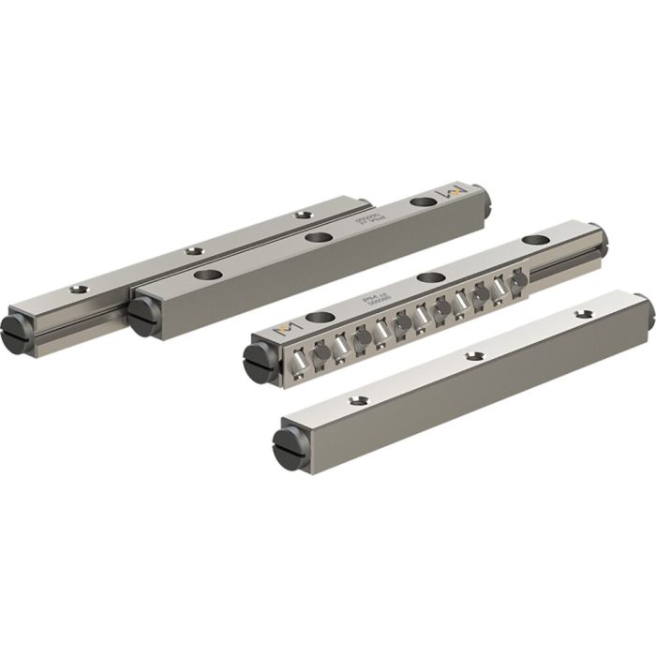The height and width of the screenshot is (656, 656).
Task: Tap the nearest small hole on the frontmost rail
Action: click(x=356, y=400)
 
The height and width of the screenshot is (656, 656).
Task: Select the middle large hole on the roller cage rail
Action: click(x=431, y=276)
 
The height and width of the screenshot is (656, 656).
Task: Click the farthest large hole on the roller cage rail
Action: click(x=534, y=240)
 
